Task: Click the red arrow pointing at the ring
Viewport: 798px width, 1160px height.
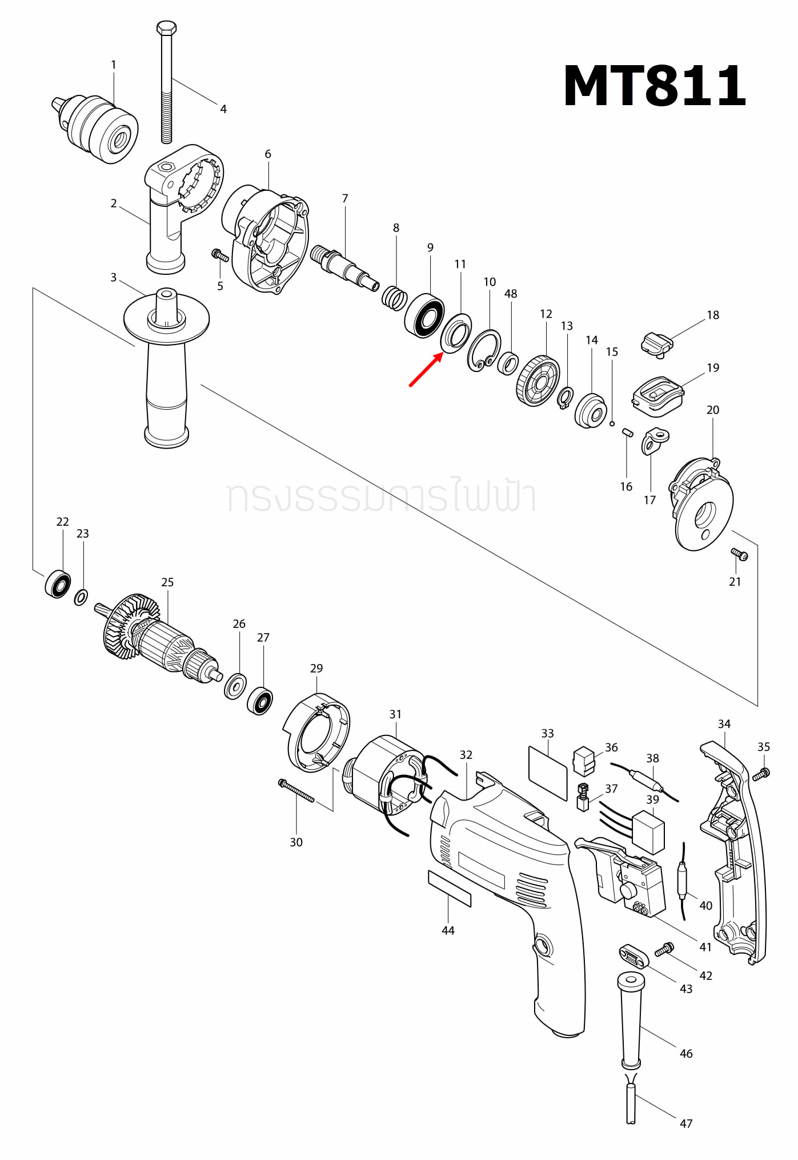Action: point(426,370)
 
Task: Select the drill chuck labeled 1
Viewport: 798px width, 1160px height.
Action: point(103,129)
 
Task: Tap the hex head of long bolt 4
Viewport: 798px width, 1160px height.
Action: point(166,27)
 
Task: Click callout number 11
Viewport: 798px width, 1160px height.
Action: point(460,264)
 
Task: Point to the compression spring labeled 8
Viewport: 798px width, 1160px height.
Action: point(394,298)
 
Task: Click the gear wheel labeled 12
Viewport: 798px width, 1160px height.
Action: point(538,381)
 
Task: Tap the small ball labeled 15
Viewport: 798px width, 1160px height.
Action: point(612,423)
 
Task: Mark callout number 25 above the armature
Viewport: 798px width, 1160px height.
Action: point(167,582)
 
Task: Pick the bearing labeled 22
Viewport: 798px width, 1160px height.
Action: point(58,584)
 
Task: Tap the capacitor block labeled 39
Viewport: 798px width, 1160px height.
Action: point(649,832)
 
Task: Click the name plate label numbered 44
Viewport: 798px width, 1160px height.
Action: point(450,889)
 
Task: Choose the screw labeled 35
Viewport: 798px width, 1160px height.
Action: point(761,774)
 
